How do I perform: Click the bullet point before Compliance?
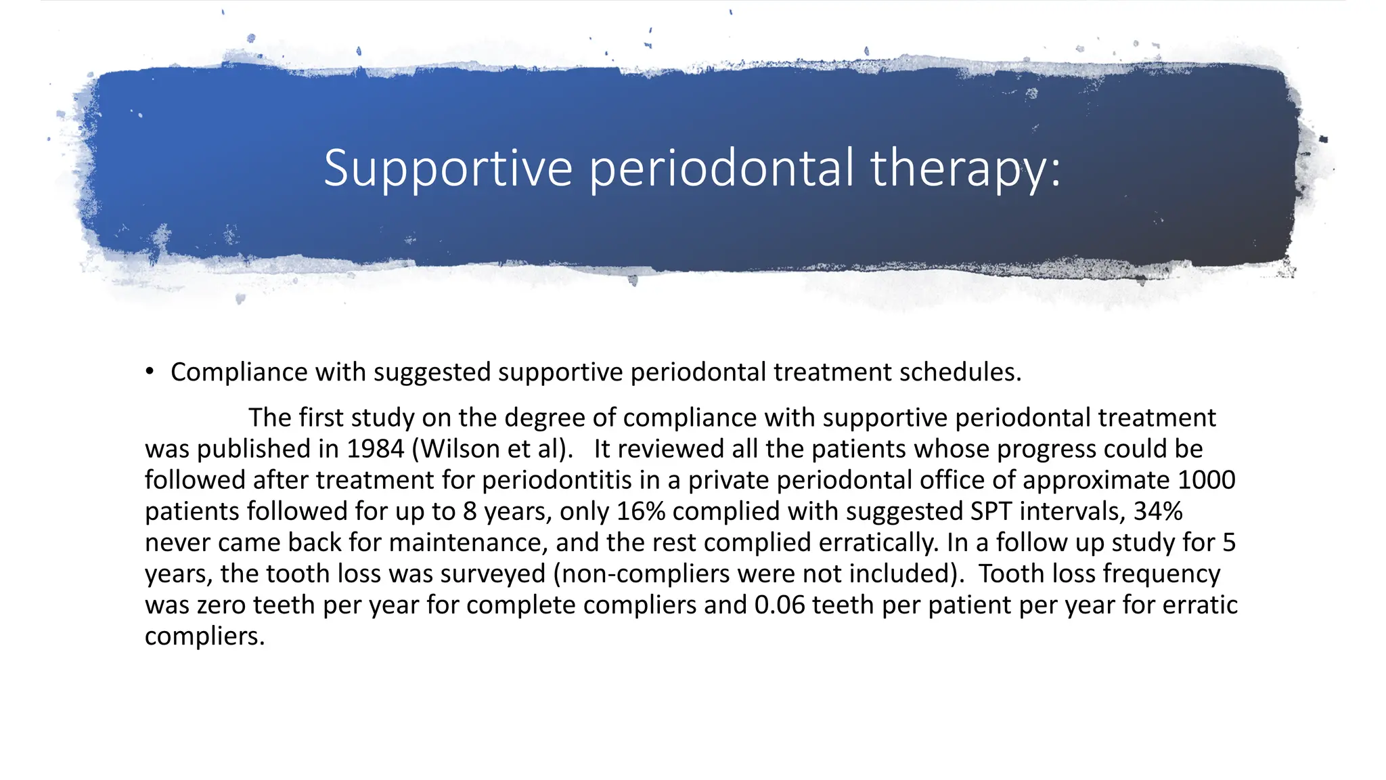pyautogui.click(x=150, y=371)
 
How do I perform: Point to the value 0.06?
pyautogui.click(x=779, y=605)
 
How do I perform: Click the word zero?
pyautogui.click(x=221, y=605)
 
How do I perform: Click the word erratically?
pyautogui.click(x=878, y=542)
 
